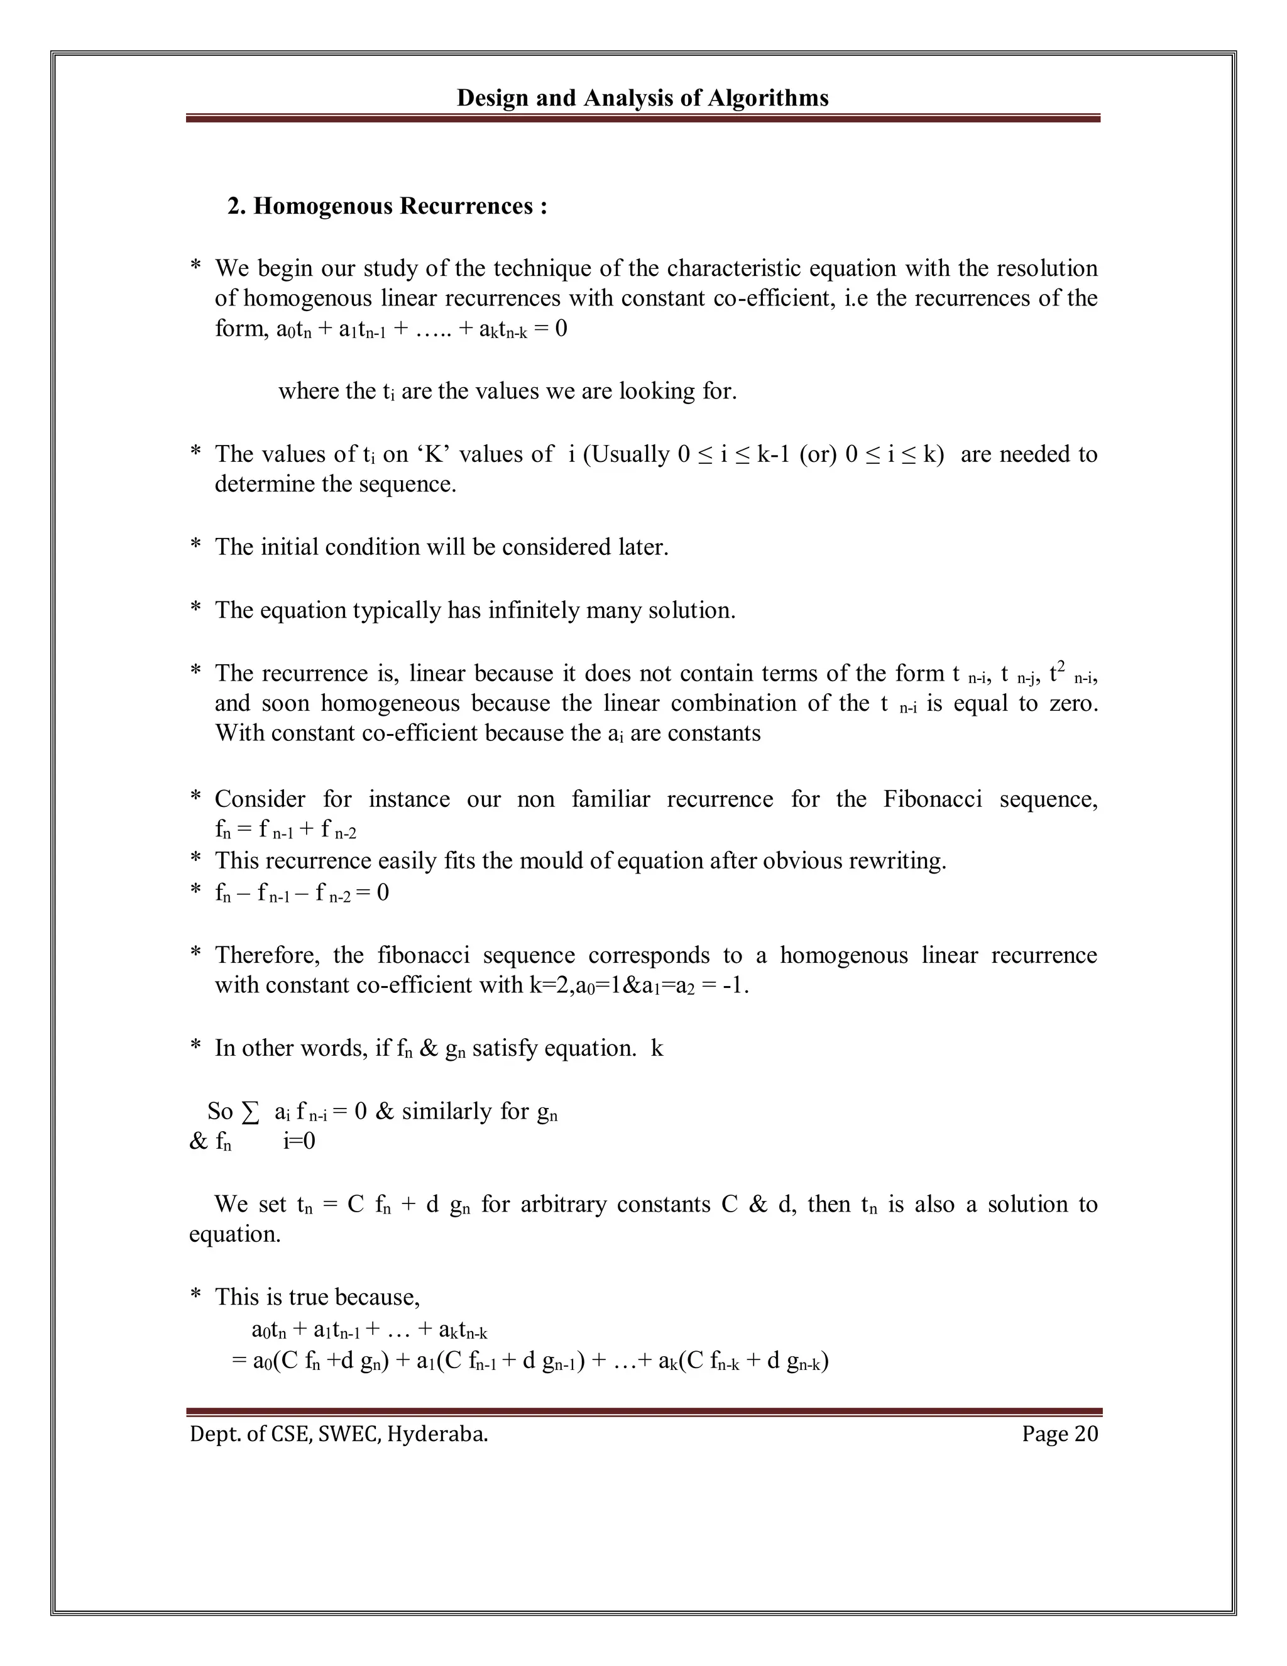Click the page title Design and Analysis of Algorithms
[642, 97]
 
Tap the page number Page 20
[1060, 1433]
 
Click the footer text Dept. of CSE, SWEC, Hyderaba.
[339, 1434]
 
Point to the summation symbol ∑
[249, 1112]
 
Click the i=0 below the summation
[299, 1141]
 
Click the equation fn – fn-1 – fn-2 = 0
[302, 892]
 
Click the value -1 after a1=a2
[734, 985]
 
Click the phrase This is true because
[317, 1297]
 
